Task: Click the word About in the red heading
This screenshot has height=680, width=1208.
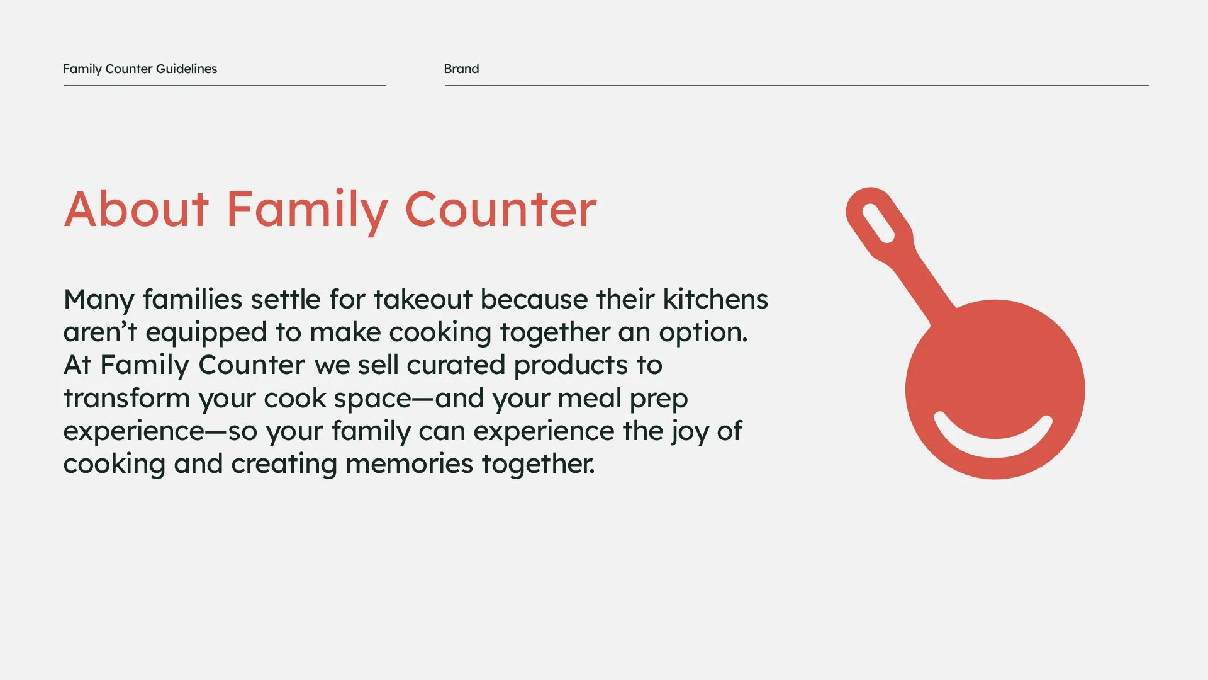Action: (x=137, y=210)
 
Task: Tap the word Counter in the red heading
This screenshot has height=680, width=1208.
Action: (x=500, y=210)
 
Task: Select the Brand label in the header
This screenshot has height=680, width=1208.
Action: (x=461, y=69)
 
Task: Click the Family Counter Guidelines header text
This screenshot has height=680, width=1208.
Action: (x=140, y=69)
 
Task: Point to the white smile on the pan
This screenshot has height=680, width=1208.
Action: (x=993, y=441)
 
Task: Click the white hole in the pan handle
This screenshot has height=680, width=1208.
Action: (x=878, y=224)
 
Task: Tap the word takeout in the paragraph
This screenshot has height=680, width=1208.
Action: (x=422, y=299)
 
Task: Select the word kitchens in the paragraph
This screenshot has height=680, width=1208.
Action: (x=715, y=299)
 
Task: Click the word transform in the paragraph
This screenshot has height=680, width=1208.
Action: (x=126, y=399)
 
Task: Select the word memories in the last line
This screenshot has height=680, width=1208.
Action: (x=409, y=464)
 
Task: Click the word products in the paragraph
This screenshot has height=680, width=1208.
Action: (x=571, y=366)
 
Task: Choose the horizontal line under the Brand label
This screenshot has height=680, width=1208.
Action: (x=796, y=85)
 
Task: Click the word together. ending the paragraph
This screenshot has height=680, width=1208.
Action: (x=538, y=465)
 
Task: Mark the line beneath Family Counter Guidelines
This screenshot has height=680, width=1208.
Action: (x=224, y=85)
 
